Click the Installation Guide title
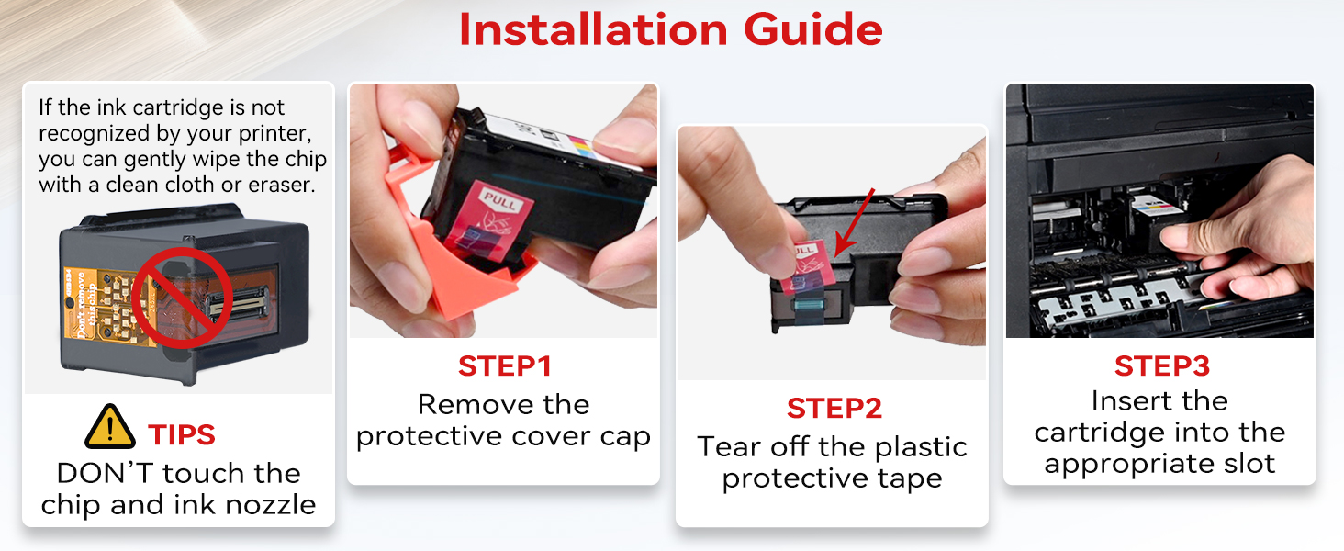tap(671, 30)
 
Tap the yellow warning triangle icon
tap(109, 427)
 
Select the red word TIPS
tap(182, 434)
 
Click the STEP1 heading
tap(504, 366)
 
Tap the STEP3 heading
tap(1161, 365)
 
